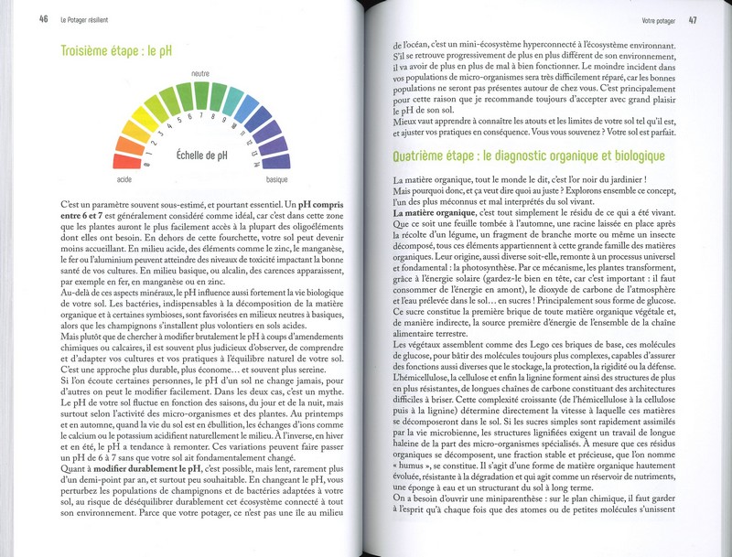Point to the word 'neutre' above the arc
(201, 71)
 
